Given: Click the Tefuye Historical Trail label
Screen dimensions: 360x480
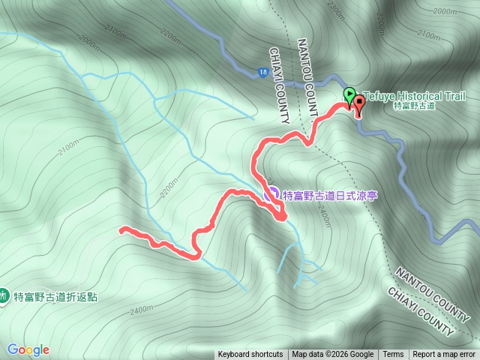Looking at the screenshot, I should (415, 96).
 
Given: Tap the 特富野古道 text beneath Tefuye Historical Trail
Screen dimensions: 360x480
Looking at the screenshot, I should (414, 106).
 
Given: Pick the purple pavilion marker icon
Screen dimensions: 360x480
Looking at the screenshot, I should (272, 194).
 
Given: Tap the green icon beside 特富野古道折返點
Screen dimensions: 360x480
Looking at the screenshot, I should (4, 296).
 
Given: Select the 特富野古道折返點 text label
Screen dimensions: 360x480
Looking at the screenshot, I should (55, 296).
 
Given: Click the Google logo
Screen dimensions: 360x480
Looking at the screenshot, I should (28, 349).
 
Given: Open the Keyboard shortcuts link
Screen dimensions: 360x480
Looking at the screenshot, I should (250, 355).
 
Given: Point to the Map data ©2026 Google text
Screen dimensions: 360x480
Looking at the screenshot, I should (332, 355).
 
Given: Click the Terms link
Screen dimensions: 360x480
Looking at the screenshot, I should (393, 355).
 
